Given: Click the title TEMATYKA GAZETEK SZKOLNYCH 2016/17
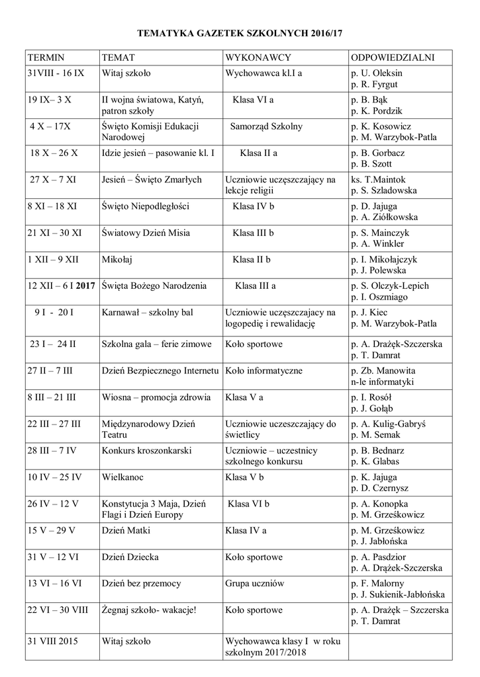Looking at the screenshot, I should click(x=240, y=32).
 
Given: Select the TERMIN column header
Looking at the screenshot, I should click(x=46, y=58).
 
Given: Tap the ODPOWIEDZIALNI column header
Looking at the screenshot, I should click(x=393, y=58).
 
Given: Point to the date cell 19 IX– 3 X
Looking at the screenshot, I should click(x=50, y=100).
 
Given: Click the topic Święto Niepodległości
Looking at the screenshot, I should click(x=146, y=206).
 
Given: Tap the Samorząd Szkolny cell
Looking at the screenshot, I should click(x=266, y=126).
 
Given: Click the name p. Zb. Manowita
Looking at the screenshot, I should click(x=383, y=371).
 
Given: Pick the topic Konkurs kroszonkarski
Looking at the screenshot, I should click(x=146, y=450).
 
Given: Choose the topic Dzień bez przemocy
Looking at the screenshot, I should click(x=142, y=583).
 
